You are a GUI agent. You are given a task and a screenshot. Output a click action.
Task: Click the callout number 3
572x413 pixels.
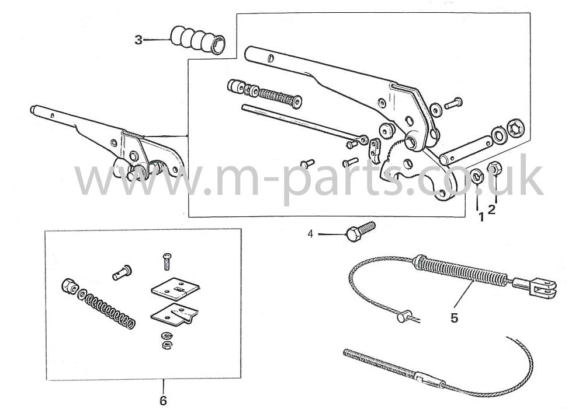coord(138,40)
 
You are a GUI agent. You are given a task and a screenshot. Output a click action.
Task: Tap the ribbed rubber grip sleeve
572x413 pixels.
coord(197,40)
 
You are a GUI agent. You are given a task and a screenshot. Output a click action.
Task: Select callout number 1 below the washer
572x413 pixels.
coord(481,218)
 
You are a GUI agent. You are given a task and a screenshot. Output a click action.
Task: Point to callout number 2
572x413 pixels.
coord(492,210)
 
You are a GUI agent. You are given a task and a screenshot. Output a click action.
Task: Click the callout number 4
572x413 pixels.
coord(310,234)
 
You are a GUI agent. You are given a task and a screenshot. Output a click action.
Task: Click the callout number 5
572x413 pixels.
coord(454,318)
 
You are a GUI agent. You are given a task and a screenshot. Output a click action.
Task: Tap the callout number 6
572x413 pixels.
coord(163,401)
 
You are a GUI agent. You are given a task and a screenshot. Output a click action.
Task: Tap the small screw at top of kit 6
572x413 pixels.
coord(167,261)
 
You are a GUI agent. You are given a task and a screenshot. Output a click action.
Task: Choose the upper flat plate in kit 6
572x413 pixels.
coord(175,286)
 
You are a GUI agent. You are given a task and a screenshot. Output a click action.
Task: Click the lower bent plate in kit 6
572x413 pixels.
coord(175,313)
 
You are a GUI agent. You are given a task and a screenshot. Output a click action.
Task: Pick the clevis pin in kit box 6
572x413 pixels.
coord(122,272)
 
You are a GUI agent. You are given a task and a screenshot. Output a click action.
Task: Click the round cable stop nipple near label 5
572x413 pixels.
coord(404,316)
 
